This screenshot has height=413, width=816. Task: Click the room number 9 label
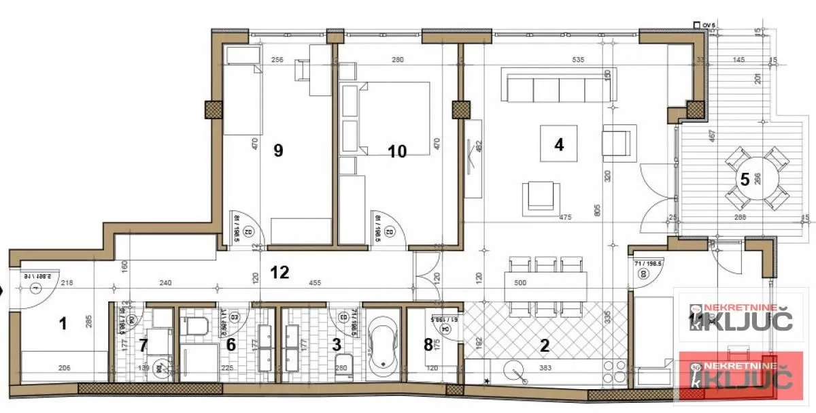click(x=277, y=150)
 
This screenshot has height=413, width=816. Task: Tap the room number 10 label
click(x=397, y=151)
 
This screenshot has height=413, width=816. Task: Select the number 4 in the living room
click(x=559, y=144)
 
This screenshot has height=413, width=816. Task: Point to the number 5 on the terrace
click(x=745, y=180)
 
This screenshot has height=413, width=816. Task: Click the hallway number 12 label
click(x=279, y=272)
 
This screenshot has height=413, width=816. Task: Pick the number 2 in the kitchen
click(x=544, y=345)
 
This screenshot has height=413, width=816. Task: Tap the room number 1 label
click(x=63, y=324)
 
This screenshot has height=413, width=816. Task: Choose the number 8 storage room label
click(x=428, y=344)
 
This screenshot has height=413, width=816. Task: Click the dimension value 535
click(x=578, y=60)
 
